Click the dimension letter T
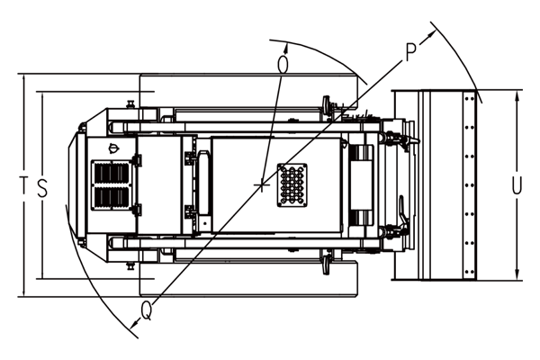click(23, 185)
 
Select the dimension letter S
click(42, 188)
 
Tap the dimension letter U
click(517, 185)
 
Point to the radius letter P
click(411, 52)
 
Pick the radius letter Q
click(147, 310)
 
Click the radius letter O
click(283, 65)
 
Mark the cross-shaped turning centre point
click(263, 185)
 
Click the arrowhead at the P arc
click(431, 34)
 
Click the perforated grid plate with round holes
click(292, 185)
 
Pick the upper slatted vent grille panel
click(112, 173)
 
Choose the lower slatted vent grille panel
click(112, 197)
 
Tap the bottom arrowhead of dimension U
click(517, 274)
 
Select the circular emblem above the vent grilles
click(112, 148)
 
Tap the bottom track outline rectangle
click(248, 278)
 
